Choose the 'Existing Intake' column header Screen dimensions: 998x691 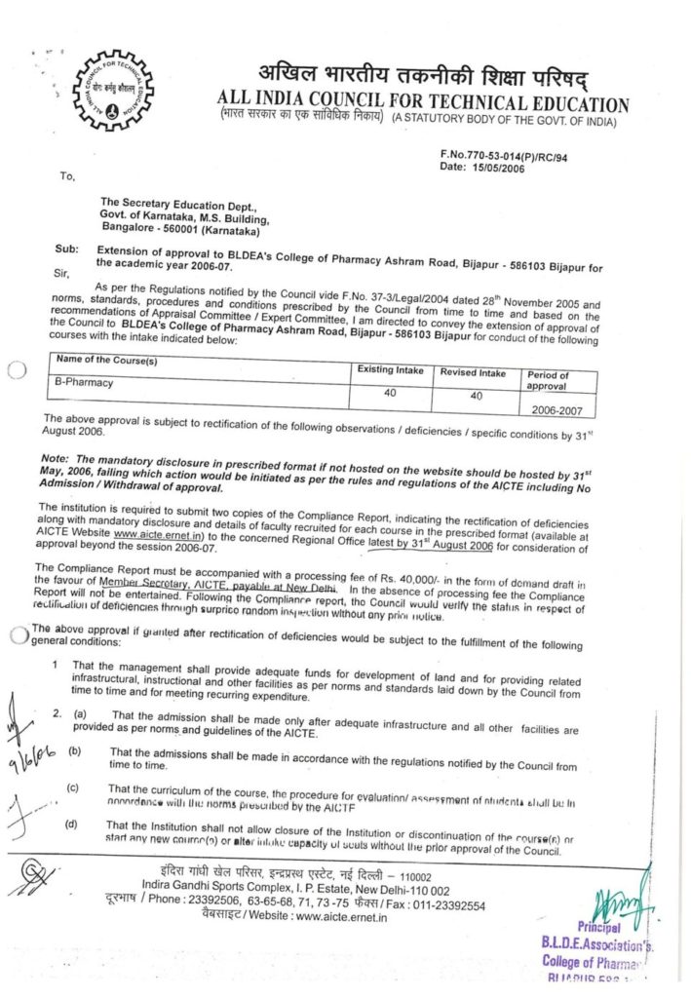(389, 371)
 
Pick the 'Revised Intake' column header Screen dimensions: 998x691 (473, 372)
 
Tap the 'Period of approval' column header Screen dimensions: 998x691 (554, 379)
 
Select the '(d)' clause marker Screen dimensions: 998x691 (71, 825)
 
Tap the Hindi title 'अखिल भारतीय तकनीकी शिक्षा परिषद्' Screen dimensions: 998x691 (423, 76)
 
